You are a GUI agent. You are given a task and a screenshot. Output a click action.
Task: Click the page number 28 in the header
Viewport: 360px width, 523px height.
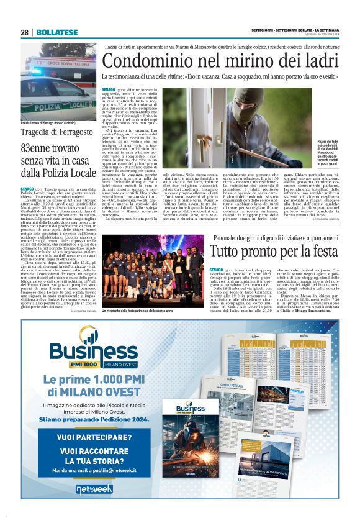click(24, 32)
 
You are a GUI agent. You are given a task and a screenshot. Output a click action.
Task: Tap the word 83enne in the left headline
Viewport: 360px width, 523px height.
click(40, 149)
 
